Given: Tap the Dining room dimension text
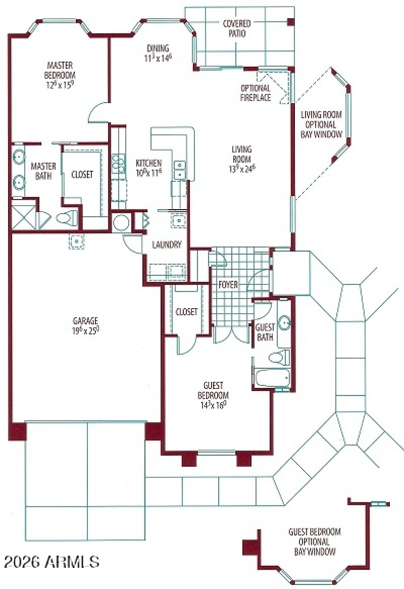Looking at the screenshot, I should [x=158, y=58].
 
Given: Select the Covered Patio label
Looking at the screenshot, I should [x=237, y=29].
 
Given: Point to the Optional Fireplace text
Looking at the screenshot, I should [x=255, y=92].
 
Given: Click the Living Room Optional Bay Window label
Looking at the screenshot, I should [x=321, y=124].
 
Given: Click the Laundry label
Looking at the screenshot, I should [x=167, y=245].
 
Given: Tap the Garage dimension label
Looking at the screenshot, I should [x=85, y=329].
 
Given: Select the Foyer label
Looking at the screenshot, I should [x=228, y=284].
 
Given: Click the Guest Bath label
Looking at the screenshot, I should [x=265, y=331].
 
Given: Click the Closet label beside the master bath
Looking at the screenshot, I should [x=82, y=174].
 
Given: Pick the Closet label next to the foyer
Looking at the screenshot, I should [x=186, y=312].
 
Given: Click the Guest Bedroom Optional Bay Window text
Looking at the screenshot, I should [x=314, y=542].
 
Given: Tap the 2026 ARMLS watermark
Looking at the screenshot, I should [x=52, y=561].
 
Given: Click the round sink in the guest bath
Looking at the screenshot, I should [x=284, y=321].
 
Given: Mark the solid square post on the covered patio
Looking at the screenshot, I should [x=290, y=22].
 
